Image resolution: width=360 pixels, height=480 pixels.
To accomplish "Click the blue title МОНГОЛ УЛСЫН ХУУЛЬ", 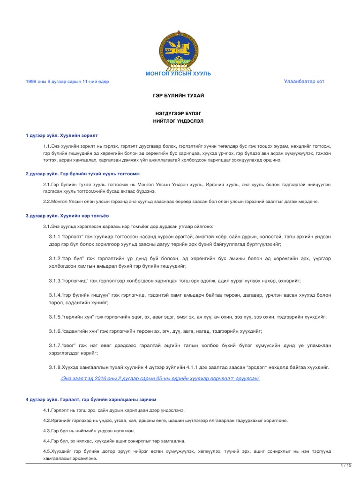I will click(178, 74).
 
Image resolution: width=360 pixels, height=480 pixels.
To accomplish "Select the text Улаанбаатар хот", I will click(304, 82).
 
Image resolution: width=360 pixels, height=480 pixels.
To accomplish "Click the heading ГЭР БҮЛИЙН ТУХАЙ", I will click(179, 96).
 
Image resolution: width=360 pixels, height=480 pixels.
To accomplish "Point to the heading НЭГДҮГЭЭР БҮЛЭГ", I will click(179, 114).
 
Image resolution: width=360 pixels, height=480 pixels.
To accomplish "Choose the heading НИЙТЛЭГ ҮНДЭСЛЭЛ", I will click(179, 121).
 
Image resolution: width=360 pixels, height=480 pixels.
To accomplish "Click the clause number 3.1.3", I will click(56, 280).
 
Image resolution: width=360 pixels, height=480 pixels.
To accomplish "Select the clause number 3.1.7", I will click(56, 345).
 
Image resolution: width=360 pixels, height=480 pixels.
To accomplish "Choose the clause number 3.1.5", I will click(56, 317).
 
